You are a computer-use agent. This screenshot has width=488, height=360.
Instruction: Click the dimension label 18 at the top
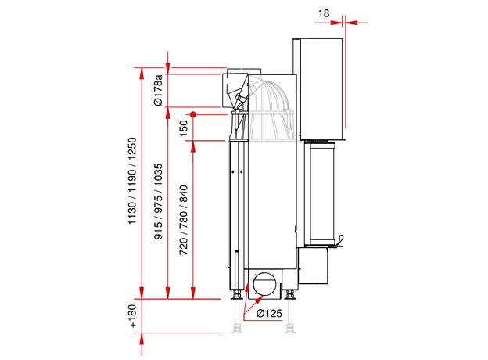coord(325,13)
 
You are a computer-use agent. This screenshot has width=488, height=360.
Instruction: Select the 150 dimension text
coord(184,128)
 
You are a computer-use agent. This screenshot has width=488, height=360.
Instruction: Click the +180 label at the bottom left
coord(132,315)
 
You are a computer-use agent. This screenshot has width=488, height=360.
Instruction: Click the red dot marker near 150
coord(192,114)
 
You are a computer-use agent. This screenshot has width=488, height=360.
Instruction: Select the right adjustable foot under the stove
coord(291,296)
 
